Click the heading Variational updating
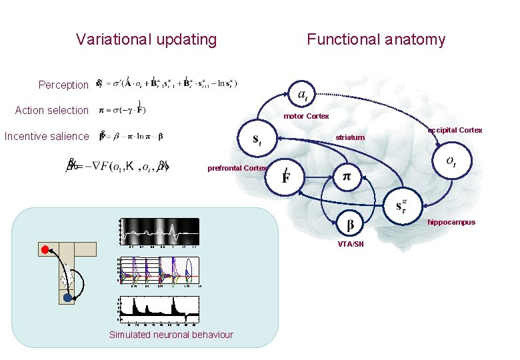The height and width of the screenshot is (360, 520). [x=146, y=39]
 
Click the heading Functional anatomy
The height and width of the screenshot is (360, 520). [x=375, y=39]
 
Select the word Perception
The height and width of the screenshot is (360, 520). [x=63, y=85]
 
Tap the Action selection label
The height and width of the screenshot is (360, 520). [x=51, y=110]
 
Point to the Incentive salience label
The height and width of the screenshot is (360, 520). [x=46, y=136]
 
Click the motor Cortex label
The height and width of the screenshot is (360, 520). [x=306, y=116]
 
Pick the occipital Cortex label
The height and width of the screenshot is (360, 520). [x=455, y=130]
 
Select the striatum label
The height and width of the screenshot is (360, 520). [x=350, y=137]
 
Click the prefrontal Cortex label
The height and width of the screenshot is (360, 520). [x=237, y=168]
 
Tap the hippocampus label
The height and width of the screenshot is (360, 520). [x=451, y=222]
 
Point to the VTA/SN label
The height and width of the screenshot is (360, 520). [x=351, y=245]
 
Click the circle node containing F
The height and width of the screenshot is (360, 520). [x=285, y=177]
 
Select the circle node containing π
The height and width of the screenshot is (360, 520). [x=347, y=177]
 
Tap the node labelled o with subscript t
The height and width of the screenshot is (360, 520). [x=451, y=161]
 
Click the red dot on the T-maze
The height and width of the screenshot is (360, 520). [x=45, y=250]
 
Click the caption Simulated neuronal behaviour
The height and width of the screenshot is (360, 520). [x=171, y=335]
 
